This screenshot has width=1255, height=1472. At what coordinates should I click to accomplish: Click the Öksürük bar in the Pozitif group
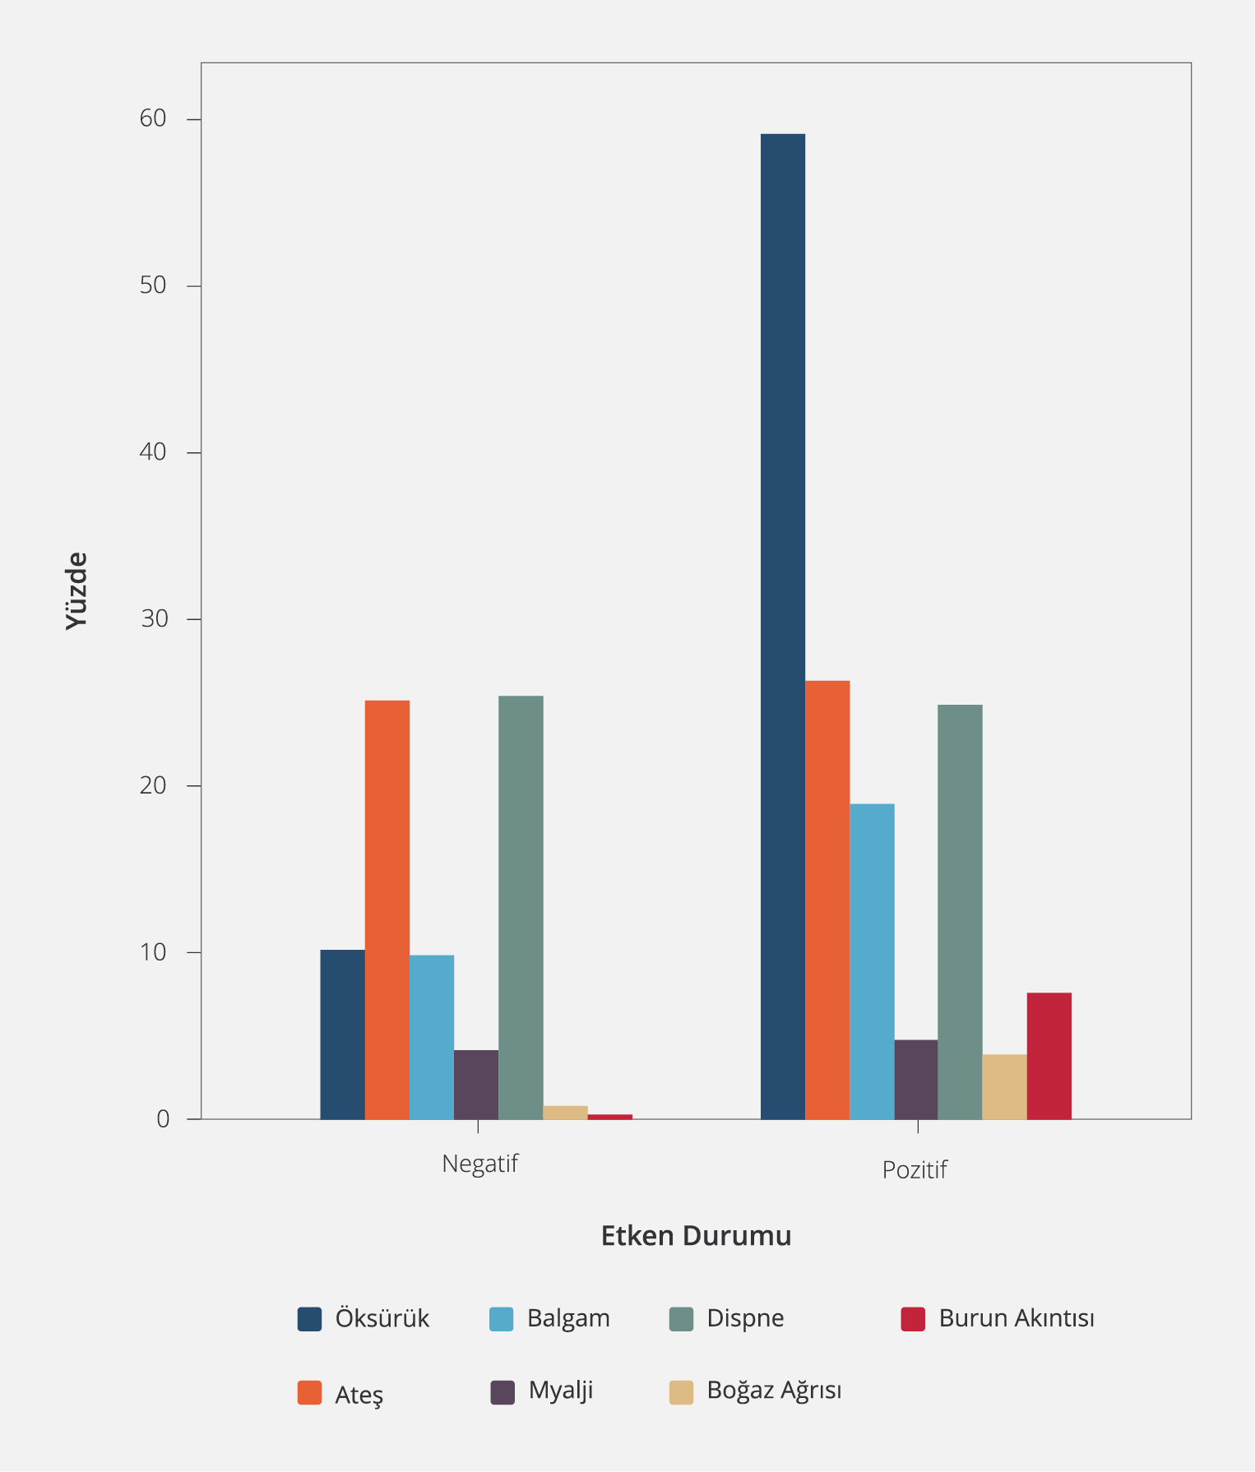pyautogui.click(x=782, y=625)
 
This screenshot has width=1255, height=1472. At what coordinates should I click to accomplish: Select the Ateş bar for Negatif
pyautogui.click(x=387, y=909)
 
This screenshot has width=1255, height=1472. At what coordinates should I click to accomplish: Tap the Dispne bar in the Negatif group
pyautogui.click(x=521, y=907)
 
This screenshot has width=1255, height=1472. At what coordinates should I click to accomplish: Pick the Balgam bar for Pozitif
pyautogui.click(x=872, y=961)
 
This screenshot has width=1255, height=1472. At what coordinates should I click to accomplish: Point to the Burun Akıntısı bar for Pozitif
pyautogui.click(x=1049, y=1055)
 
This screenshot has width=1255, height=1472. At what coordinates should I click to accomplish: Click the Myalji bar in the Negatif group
pyautogui.click(x=475, y=1084)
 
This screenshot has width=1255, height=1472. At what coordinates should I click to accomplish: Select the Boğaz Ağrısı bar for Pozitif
pyautogui.click(x=1004, y=1086)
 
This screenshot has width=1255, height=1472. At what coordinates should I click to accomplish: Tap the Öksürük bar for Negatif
pyautogui.click(x=342, y=1034)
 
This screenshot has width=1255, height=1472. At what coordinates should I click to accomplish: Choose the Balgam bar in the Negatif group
pyautogui.click(x=431, y=1036)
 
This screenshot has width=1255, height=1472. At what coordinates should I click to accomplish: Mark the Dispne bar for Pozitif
pyautogui.click(x=960, y=911)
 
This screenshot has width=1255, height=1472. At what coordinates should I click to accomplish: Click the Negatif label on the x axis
pyautogui.click(x=480, y=1164)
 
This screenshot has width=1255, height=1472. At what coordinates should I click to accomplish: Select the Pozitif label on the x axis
pyautogui.click(x=915, y=1169)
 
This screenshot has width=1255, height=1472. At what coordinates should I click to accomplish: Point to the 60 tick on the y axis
pyautogui.click(x=153, y=118)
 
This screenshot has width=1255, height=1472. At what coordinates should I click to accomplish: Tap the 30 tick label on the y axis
pyautogui.click(x=154, y=618)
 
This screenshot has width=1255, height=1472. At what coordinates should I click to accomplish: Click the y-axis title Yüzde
pyautogui.click(x=76, y=590)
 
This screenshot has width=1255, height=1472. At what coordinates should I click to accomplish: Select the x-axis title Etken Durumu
pyautogui.click(x=696, y=1236)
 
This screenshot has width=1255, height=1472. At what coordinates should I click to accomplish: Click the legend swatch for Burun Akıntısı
pyautogui.click(x=913, y=1318)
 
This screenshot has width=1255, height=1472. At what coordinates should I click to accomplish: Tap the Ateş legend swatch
pyautogui.click(x=309, y=1392)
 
